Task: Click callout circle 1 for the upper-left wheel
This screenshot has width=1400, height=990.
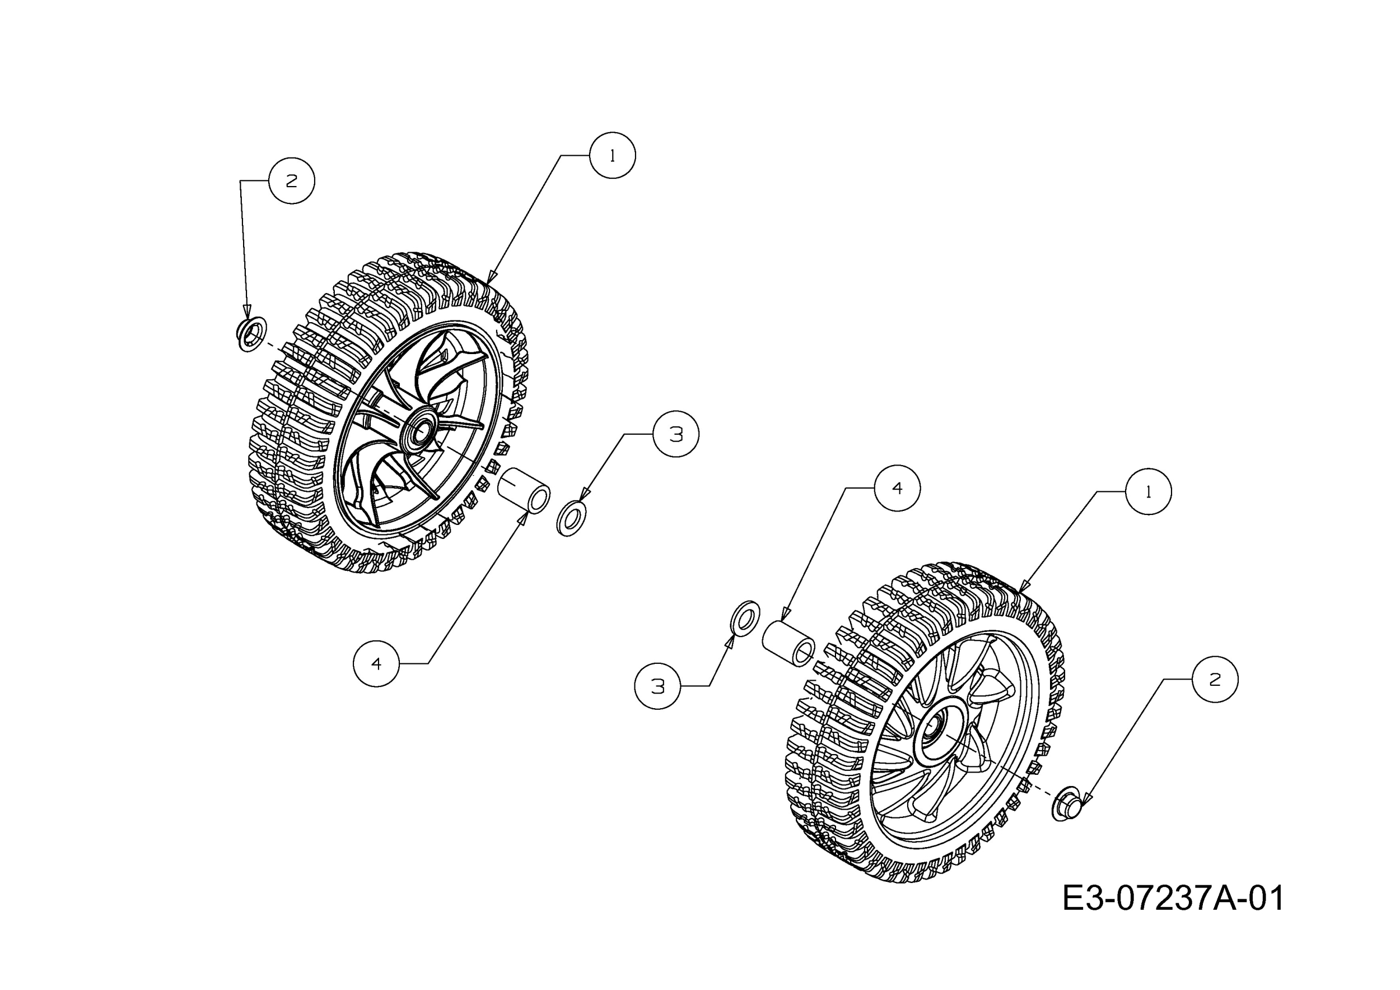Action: point(612,156)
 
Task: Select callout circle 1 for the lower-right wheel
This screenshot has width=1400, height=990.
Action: point(1148,492)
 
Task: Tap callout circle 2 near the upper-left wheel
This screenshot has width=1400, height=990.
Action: point(291,180)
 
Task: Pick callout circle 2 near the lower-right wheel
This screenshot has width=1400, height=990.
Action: point(1215,680)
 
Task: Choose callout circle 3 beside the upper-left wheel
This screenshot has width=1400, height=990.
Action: point(675,434)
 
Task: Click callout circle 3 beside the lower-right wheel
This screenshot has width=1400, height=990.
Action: point(657,686)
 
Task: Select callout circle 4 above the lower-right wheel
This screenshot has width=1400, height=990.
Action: point(897,488)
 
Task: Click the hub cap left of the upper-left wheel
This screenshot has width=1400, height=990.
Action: point(251,334)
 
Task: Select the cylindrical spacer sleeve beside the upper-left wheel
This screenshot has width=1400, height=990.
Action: point(524,491)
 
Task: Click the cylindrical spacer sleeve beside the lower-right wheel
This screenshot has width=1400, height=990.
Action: point(788,644)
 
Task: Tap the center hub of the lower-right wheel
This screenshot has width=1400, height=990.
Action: point(934,729)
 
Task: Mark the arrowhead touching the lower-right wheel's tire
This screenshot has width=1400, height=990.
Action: point(1024,585)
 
